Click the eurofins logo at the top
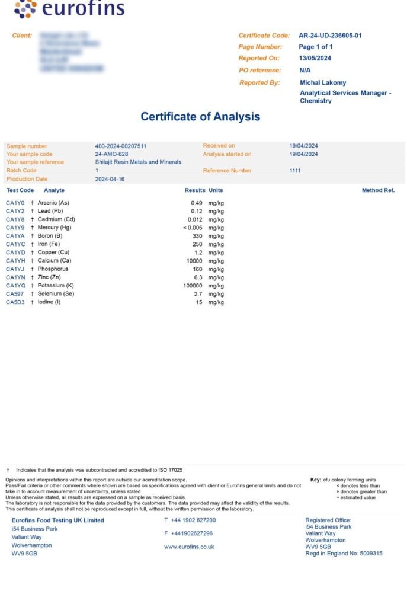point(69,9)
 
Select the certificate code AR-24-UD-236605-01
point(330,36)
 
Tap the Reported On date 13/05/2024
point(315,59)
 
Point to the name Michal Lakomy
point(323,83)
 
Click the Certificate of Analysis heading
point(200,116)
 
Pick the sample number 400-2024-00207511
point(121,146)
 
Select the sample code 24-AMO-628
point(111,154)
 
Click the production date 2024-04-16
point(110,179)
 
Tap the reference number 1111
point(295,171)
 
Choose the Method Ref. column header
point(378,190)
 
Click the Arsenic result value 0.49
point(197,203)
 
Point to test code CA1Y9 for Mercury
point(15,228)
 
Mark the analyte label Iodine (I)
point(49,302)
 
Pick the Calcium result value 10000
point(194,261)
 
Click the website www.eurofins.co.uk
point(189,547)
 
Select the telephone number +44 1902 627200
point(193,520)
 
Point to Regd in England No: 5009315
point(344,554)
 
